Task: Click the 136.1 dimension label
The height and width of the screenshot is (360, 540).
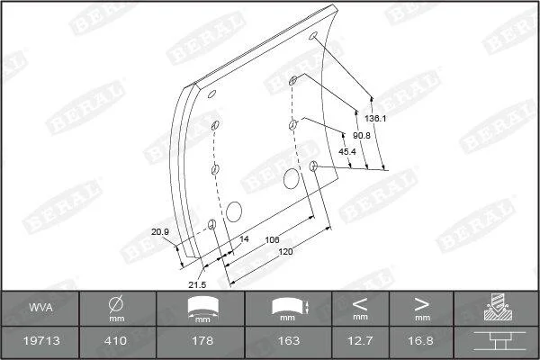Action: (375, 118)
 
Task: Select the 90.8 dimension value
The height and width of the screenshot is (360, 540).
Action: (361, 135)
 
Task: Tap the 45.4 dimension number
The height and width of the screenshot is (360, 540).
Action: (347, 151)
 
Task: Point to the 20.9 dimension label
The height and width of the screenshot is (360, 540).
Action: (160, 232)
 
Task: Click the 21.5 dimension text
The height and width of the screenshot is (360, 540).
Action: (197, 284)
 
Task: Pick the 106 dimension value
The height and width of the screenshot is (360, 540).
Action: (272, 239)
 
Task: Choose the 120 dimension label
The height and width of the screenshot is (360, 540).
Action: (285, 251)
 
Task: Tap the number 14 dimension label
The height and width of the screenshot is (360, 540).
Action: (244, 239)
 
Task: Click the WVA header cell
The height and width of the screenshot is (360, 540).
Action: (40, 307)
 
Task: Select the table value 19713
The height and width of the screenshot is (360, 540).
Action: (41, 341)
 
